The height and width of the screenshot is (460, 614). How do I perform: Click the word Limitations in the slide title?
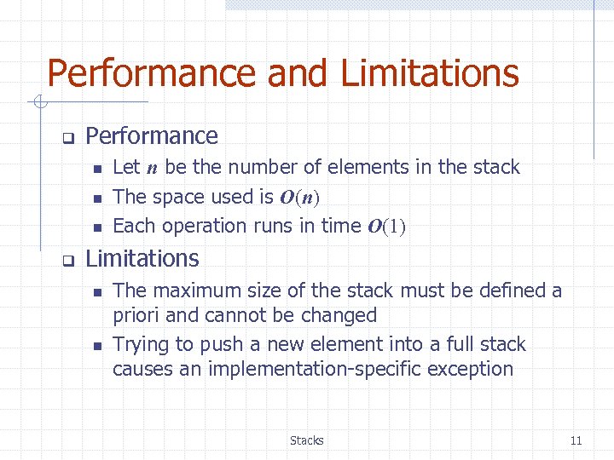point(430,73)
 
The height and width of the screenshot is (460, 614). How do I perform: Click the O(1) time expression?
point(386,227)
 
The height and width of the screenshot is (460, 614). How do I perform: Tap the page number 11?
point(576,440)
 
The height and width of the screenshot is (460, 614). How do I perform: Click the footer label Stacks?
point(306,440)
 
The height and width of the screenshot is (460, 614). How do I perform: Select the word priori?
point(136,316)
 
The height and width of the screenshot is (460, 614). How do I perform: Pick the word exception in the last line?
point(470,369)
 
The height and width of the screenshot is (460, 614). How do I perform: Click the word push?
point(218,345)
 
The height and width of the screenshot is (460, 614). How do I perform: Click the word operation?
point(204,227)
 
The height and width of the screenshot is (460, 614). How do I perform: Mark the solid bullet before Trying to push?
point(96,346)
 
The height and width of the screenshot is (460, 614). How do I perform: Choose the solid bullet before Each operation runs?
point(96,227)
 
